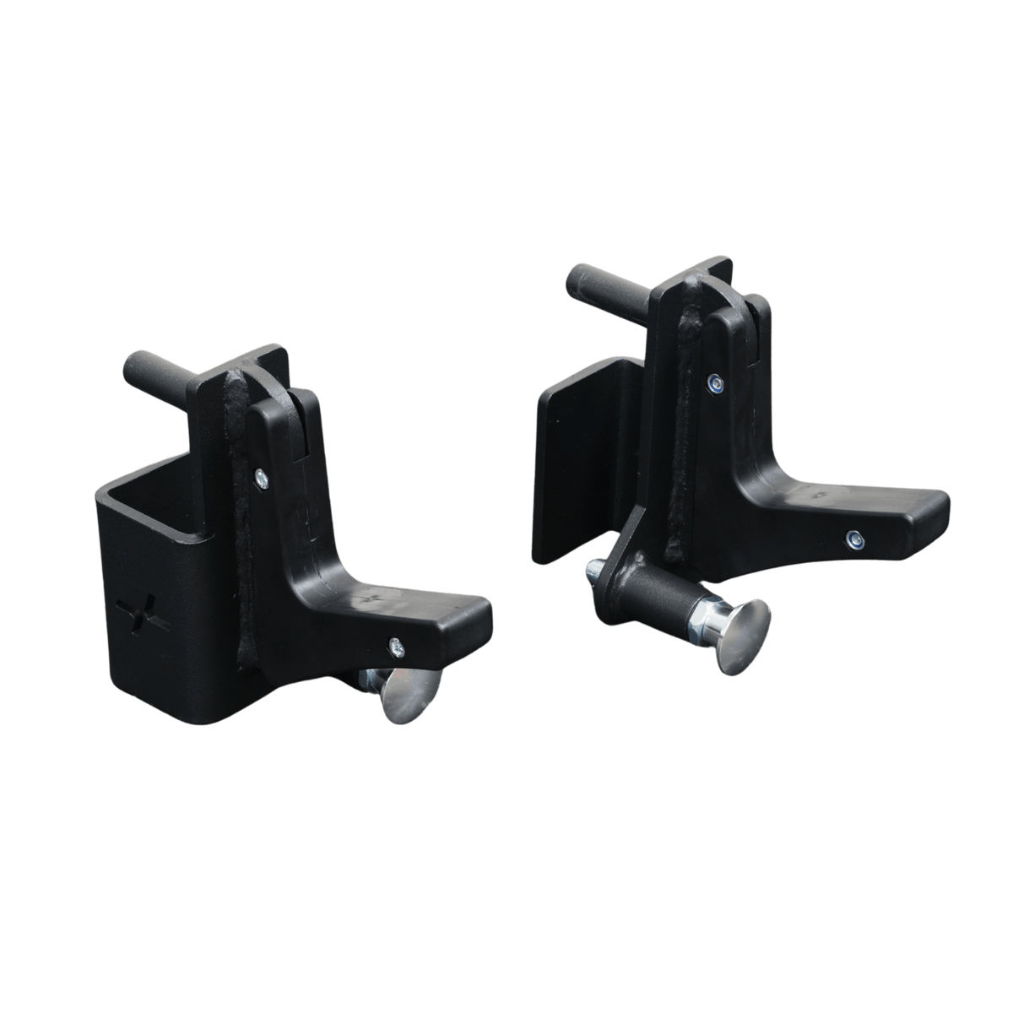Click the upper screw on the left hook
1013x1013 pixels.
259,477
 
